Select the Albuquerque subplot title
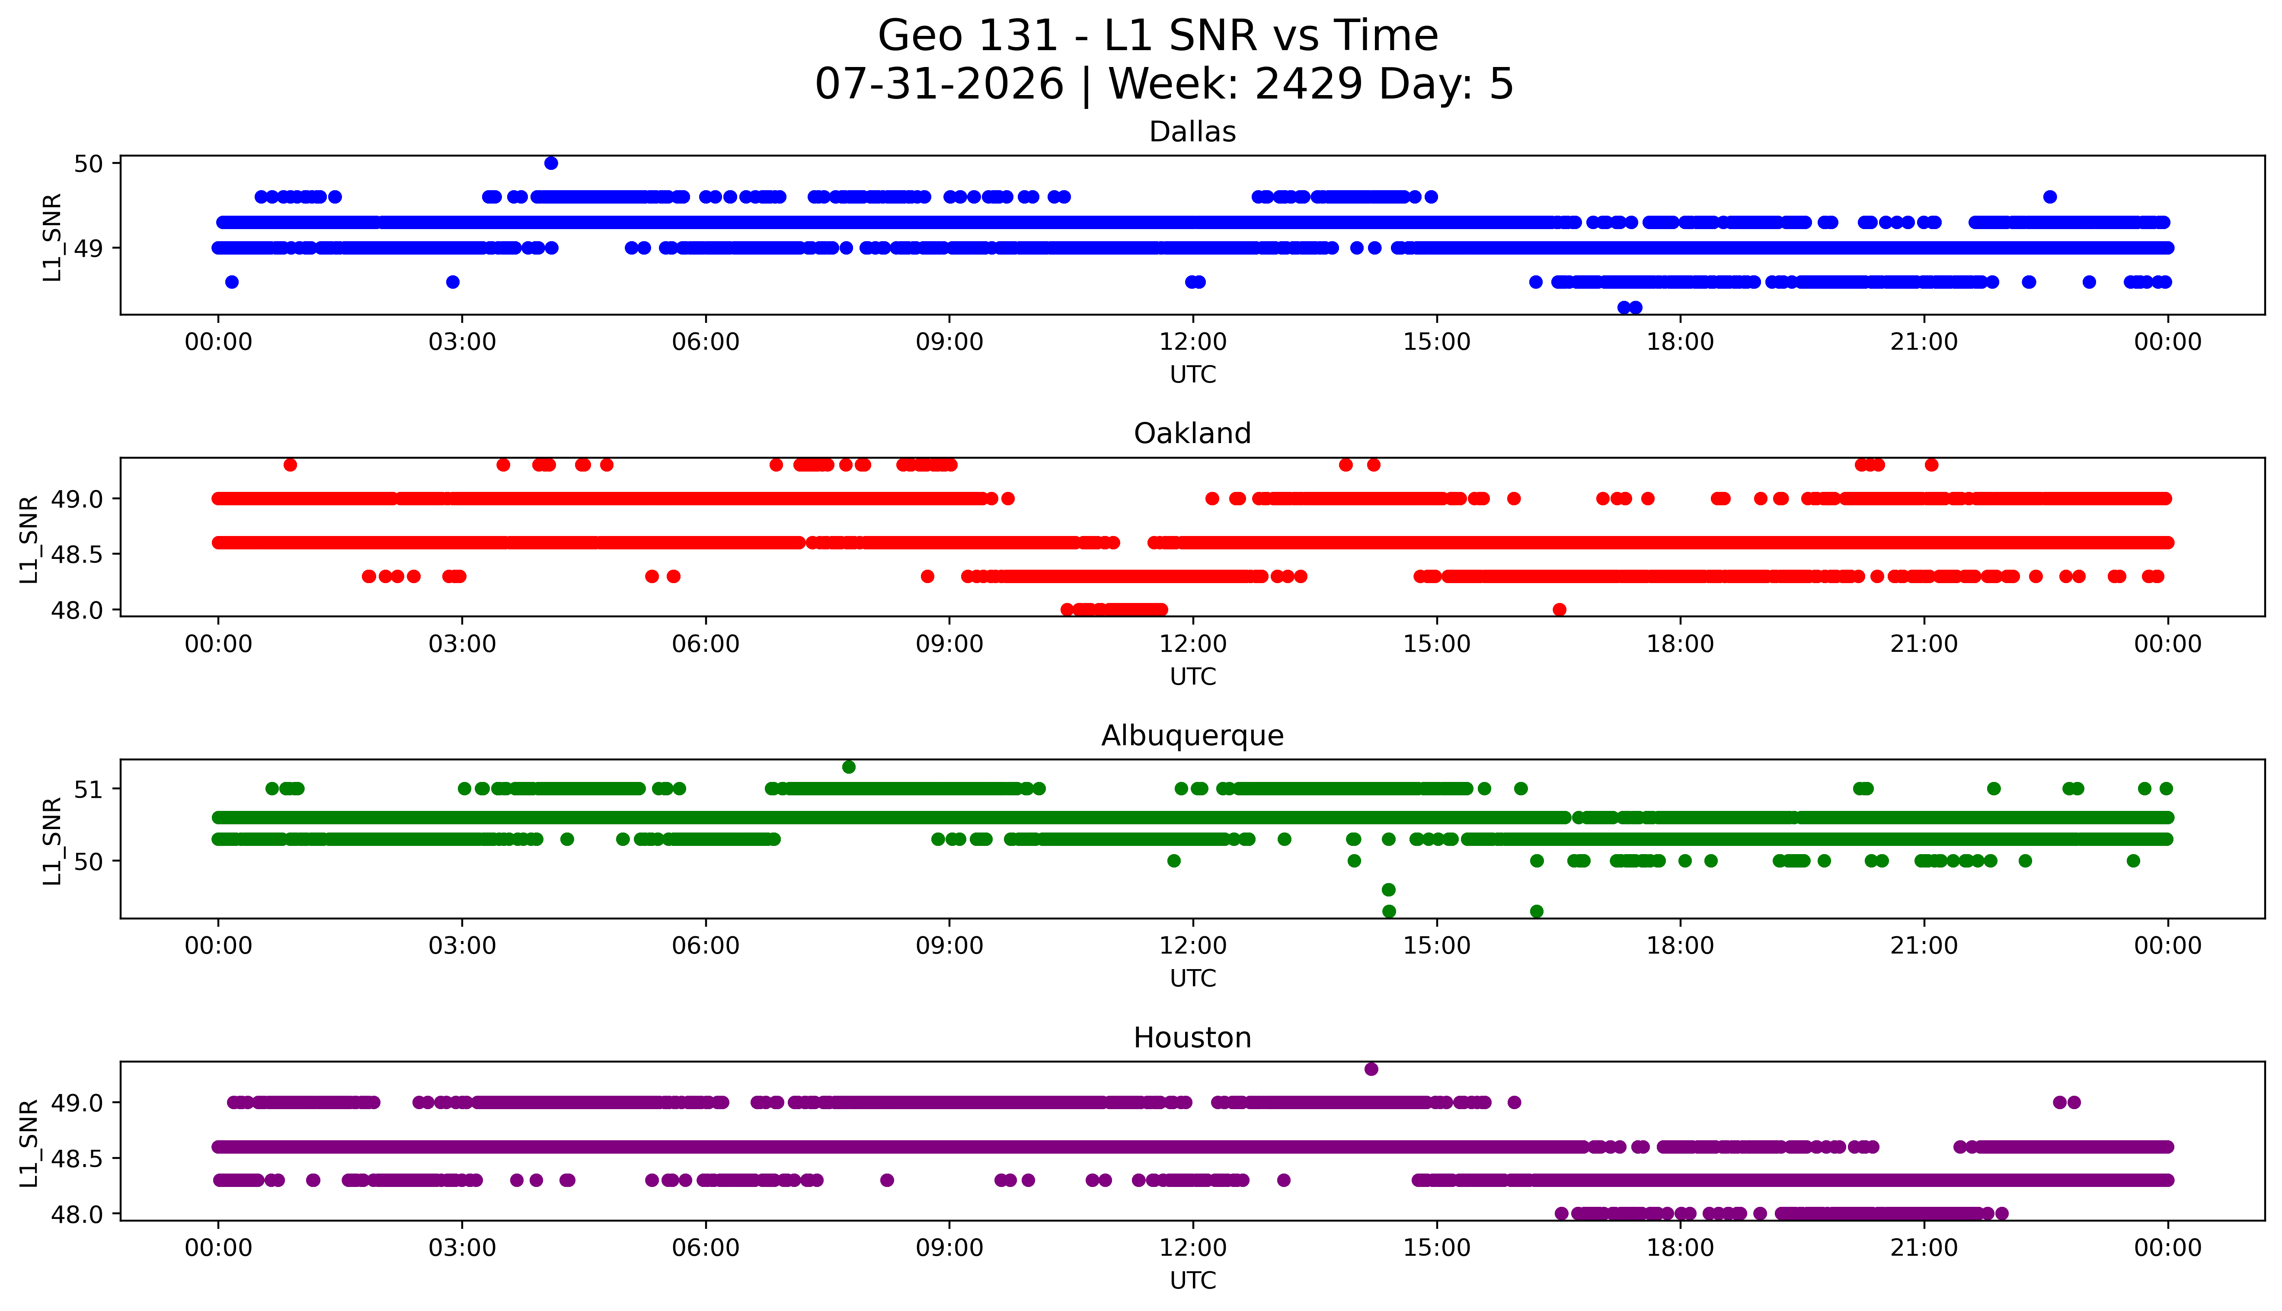[x=1192, y=736]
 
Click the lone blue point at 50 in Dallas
[x=551, y=163]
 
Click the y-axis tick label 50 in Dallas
[x=89, y=163]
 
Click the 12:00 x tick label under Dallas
[x=1193, y=342]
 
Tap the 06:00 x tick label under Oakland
[x=706, y=644]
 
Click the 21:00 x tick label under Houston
[x=1924, y=1248]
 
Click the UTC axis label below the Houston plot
[x=1192, y=1280]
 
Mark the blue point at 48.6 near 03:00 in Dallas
[x=453, y=282]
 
